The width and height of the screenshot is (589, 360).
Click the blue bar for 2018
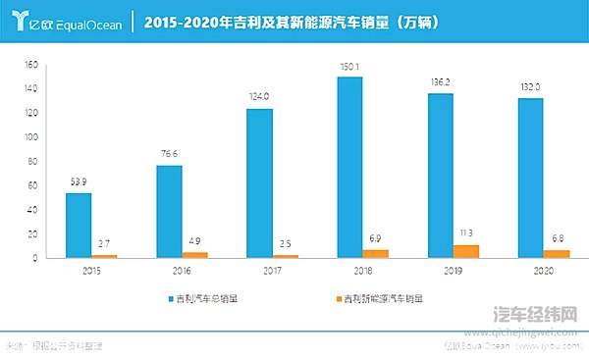(349, 168)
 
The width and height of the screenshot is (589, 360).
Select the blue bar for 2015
(79, 226)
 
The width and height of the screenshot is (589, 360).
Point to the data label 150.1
(349, 68)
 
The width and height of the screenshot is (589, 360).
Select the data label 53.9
(79, 182)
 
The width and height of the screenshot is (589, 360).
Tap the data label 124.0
(259, 98)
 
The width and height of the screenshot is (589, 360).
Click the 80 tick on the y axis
(30, 162)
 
